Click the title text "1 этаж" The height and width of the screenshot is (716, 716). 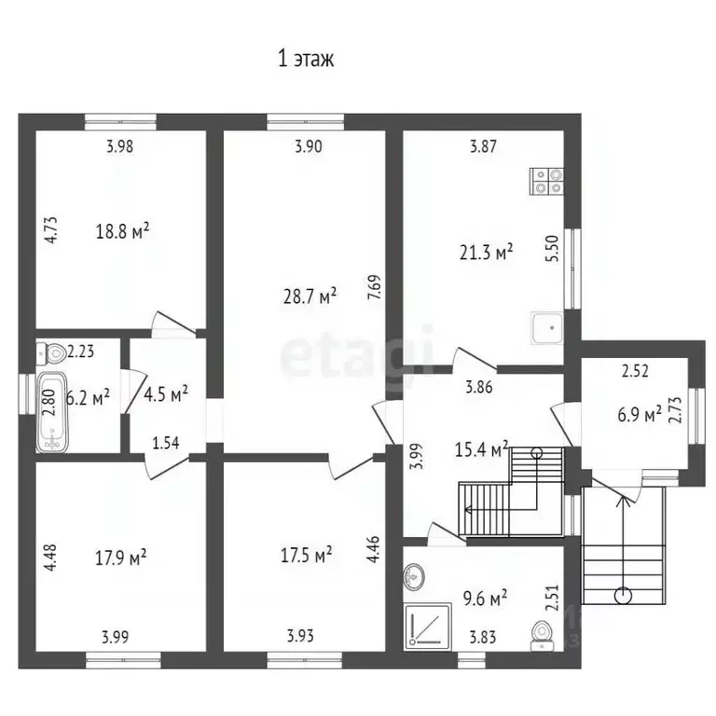pos(306,59)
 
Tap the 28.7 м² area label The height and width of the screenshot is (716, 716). pos(310,296)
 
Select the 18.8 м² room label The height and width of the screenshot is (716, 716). pos(122,230)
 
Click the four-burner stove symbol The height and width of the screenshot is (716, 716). pos(546,181)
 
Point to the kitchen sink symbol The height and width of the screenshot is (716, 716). pos(547,328)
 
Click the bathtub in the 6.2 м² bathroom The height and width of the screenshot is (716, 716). pos(52,412)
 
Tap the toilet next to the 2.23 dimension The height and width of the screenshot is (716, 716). pos(50,353)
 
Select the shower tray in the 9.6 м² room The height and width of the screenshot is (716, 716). pos(428,626)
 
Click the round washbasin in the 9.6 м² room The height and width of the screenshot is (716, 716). pos(414,576)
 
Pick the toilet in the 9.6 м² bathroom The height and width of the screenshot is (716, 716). pos(543,636)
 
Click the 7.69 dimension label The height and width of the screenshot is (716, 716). pos(375,287)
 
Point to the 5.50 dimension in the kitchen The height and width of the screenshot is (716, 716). pos(552,248)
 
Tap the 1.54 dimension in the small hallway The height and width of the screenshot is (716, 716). pos(165,443)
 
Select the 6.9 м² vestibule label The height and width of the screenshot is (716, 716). pos(640,415)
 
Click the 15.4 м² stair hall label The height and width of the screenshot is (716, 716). pos(482,449)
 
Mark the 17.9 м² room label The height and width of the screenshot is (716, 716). pos(120,558)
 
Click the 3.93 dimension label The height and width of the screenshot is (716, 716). pos(300,636)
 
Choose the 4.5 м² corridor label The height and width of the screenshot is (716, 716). pos(166,394)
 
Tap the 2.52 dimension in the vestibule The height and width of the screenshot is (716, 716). pos(635,371)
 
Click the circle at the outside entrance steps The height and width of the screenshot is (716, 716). pos(623,596)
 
